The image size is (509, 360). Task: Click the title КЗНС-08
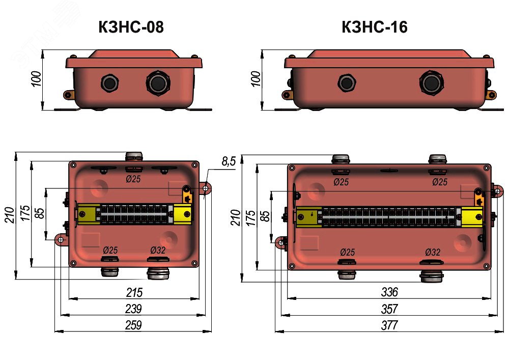(x=131, y=27)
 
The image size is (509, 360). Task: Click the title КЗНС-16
(x=374, y=27)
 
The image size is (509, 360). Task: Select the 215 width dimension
(x=134, y=292)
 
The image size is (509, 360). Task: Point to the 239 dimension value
(x=133, y=309)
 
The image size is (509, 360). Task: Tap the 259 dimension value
(x=133, y=325)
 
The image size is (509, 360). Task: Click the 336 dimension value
(x=389, y=292)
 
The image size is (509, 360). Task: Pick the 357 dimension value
(x=389, y=309)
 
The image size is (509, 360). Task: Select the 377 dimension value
(x=389, y=325)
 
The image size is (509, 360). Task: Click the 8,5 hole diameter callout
(x=229, y=161)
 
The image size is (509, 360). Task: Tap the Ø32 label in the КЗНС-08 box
(x=158, y=251)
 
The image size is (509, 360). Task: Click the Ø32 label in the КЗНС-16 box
(x=433, y=252)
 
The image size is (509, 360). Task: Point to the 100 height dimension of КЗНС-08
(x=36, y=79)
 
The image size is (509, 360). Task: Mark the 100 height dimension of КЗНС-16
(x=256, y=79)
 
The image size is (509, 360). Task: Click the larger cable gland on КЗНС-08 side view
(x=158, y=83)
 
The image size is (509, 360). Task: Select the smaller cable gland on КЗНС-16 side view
(x=347, y=83)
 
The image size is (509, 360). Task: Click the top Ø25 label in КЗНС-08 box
(x=133, y=179)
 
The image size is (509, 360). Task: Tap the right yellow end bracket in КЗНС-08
(x=182, y=214)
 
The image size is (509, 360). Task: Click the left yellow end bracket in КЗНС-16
(x=308, y=217)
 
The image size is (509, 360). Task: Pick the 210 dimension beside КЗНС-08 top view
(x=9, y=215)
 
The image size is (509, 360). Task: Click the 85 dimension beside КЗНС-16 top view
(x=265, y=216)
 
